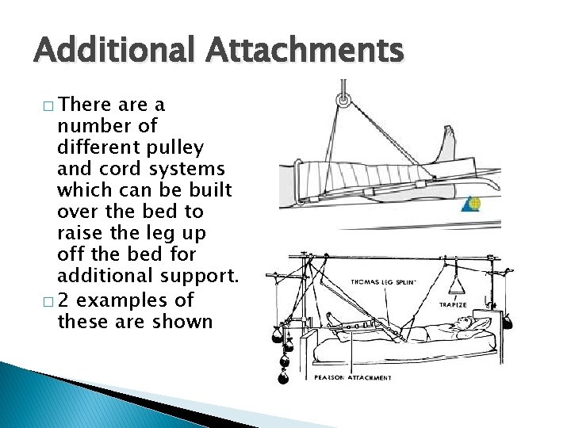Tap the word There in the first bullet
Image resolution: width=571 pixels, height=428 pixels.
(86, 105)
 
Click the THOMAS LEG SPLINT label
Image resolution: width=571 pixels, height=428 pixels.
(384, 281)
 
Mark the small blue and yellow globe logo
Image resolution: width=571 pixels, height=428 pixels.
(473, 203)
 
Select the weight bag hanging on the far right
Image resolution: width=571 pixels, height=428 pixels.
(508, 322)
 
